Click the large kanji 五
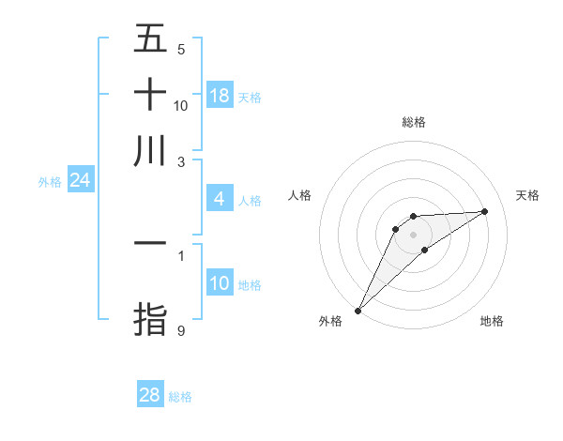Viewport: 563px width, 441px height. point(150,38)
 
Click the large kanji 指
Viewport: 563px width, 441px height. point(150,318)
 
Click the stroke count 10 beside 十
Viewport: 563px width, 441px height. point(181,106)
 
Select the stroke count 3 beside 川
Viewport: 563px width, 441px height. point(181,162)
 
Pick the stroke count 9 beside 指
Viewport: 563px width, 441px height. point(181,330)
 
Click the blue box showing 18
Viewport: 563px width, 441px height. point(220,95)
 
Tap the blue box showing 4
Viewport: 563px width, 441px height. point(220,199)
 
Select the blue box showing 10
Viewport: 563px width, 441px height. point(220,283)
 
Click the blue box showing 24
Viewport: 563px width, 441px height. point(81,180)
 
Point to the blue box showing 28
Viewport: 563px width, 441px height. point(150,395)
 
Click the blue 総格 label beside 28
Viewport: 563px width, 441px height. point(180,397)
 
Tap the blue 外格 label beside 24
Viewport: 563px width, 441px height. point(50,182)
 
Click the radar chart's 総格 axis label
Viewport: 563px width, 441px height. point(413,122)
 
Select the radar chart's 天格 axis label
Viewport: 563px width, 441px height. point(527,195)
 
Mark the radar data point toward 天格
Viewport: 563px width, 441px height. point(485,211)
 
